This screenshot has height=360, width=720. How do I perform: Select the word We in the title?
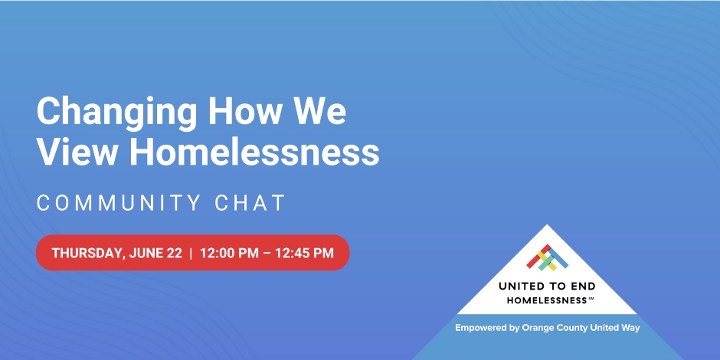(319, 113)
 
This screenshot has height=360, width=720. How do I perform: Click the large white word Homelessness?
(254, 152)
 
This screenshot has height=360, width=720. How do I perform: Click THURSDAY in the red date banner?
(85, 254)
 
